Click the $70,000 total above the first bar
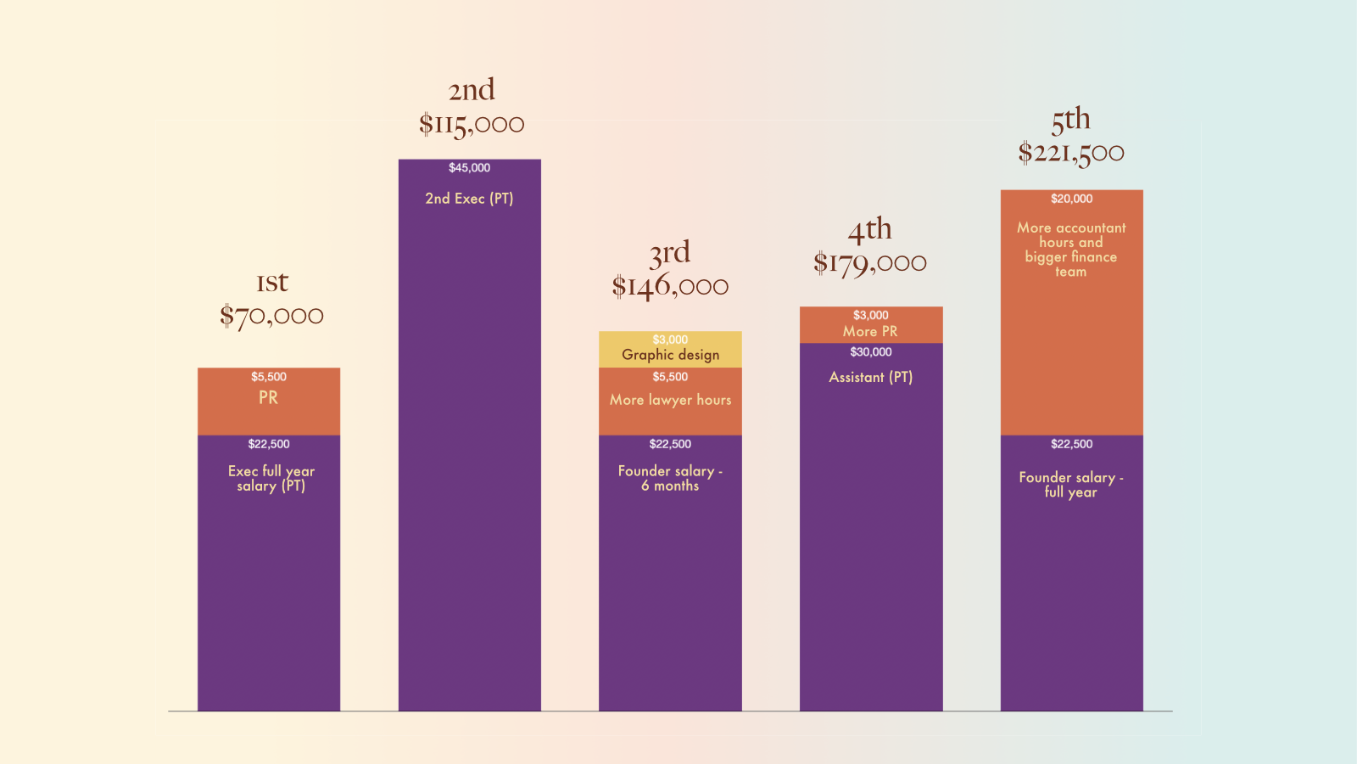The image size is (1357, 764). click(271, 315)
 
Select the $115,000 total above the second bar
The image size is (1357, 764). click(472, 124)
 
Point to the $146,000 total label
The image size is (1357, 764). click(670, 285)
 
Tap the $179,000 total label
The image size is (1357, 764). click(870, 262)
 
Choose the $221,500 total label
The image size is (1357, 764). click(1071, 152)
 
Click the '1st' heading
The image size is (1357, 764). click(272, 282)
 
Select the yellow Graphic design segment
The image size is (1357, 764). click(670, 349)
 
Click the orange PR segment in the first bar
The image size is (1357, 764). click(269, 402)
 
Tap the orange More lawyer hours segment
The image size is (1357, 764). click(670, 402)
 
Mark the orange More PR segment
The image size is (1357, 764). click(871, 325)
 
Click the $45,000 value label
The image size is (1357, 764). click(470, 168)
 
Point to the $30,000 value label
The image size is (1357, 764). click(871, 352)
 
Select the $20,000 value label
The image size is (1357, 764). click(1072, 199)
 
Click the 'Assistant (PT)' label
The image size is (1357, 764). click(870, 377)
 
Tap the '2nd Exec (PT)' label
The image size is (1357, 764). click(469, 199)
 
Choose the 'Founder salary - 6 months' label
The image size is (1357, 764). click(670, 479)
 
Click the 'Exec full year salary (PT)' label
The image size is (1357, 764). click(271, 479)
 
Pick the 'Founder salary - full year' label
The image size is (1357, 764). click(1071, 485)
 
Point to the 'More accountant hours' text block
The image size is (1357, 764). click(1071, 250)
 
